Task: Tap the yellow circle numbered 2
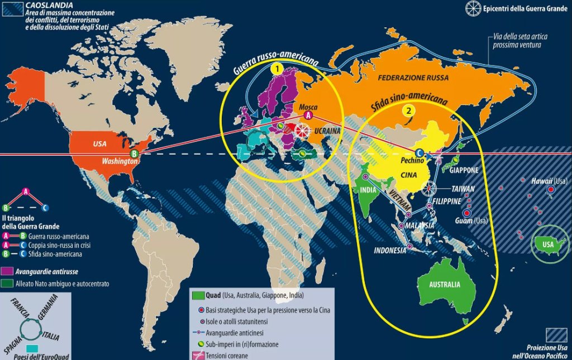click(409, 111)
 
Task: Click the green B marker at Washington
click(134, 153)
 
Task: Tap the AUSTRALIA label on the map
click(445, 285)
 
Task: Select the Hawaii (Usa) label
click(551, 181)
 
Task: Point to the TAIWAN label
click(464, 189)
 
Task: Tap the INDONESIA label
click(390, 251)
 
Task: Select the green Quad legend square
click(197, 295)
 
